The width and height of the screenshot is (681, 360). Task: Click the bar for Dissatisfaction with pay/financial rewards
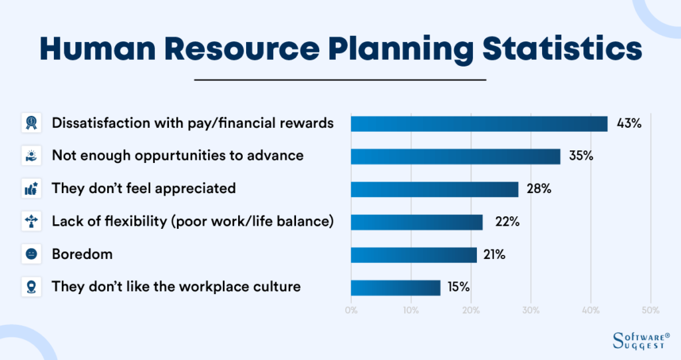(479, 124)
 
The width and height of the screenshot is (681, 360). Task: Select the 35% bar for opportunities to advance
(456, 156)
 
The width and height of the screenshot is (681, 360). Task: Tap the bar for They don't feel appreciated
(434, 189)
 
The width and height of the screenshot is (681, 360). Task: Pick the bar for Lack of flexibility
(416, 222)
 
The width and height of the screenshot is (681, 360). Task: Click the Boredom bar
(414, 255)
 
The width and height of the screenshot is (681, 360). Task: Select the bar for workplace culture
(395, 287)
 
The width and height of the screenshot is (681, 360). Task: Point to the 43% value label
(628, 124)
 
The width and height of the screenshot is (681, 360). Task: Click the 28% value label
(539, 189)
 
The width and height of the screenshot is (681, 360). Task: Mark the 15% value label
(458, 287)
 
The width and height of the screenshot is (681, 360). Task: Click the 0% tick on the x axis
(351, 310)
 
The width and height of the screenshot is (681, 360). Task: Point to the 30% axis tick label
(531, 310)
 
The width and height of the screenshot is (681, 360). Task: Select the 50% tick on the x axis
(650, 310)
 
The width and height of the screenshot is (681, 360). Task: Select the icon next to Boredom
(31, 255)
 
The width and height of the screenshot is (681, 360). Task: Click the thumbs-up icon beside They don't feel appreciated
(31, 189)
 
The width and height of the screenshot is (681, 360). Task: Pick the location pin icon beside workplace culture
(31, 287)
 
